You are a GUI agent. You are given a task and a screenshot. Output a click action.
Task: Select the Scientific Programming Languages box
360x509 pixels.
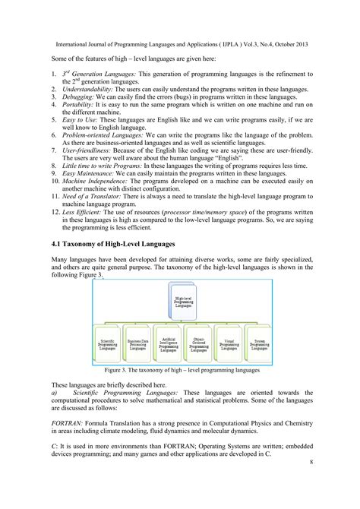(107, 346)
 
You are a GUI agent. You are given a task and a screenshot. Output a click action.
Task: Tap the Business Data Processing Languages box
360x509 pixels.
(137, 346)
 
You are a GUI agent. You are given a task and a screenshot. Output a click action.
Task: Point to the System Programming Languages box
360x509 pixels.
(258, 346)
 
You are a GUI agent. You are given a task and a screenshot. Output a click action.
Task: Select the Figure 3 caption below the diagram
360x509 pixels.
(180, 370)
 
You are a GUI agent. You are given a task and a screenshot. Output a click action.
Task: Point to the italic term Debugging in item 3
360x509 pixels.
(82, 97)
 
